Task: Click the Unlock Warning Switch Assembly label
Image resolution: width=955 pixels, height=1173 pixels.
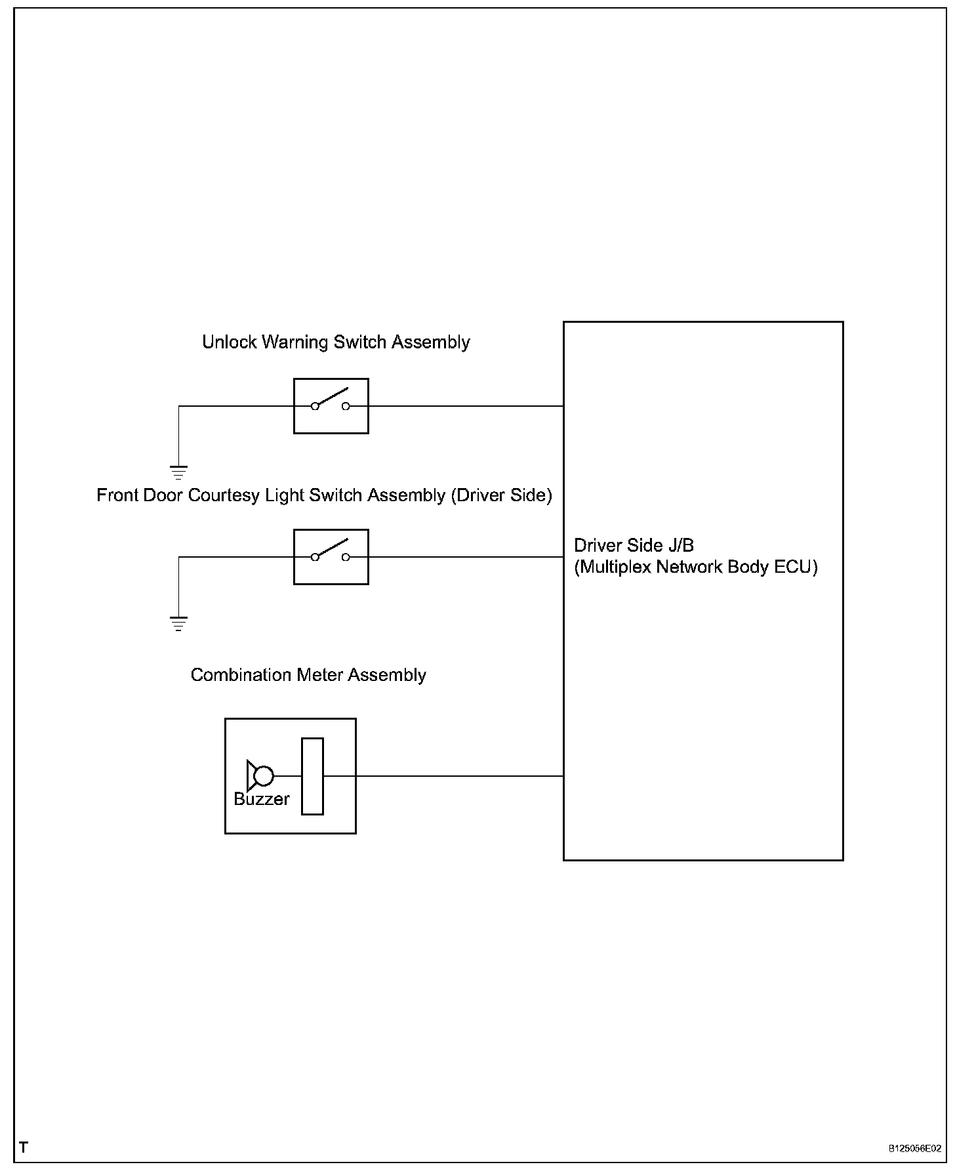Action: tap(336, 342)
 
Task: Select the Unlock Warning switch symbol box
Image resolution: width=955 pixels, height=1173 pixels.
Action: tap(331, 406)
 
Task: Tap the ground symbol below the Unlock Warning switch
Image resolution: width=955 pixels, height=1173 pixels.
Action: tap(178, 472)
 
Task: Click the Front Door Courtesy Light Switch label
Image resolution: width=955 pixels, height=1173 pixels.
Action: tap(324, 495)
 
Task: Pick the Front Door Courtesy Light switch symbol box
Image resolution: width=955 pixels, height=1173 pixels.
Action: tap(331, 557)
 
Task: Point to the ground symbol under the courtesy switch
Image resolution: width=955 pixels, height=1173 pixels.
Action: tap(178, 623)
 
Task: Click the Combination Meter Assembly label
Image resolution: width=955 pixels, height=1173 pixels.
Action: tap(308, 675)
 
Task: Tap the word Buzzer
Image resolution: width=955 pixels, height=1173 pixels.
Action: tap(261, 799)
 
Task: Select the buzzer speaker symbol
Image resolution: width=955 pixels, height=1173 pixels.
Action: tap(260, 776)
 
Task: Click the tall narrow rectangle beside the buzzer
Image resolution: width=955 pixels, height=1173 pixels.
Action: tap(312, 776)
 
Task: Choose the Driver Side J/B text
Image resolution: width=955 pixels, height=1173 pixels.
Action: tap(634, 545)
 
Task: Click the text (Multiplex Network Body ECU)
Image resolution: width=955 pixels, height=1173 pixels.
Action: tap(695, 567)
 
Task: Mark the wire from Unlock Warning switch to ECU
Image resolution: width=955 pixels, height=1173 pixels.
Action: tap(466, 406)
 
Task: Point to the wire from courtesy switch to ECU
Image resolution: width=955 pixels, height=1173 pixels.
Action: tap(466, 557)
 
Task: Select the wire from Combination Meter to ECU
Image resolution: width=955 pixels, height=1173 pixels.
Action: tap(459, 776)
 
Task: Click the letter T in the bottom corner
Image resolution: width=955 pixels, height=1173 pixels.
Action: tap(24, 1147)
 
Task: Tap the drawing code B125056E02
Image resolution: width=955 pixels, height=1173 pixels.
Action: tap(915, 1149)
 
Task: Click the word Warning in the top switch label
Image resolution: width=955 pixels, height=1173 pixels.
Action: tap(295, 342)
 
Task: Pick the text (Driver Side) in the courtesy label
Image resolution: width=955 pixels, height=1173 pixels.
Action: tap(501, 495)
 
